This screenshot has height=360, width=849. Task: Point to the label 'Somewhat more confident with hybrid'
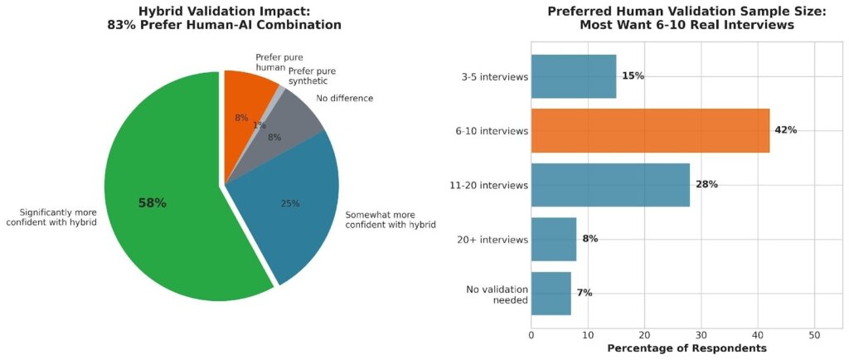[x=390, y=220]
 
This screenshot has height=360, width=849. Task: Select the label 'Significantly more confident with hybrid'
[x=53, y=216]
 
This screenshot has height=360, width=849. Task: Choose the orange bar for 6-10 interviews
[x=650, y=130]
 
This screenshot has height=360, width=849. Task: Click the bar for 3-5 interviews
[x=573, y=76]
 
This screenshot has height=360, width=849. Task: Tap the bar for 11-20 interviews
[x=610, y=185]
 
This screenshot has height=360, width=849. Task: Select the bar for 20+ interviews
[x=553, y=239]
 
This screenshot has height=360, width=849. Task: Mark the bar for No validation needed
[x=551, y=293]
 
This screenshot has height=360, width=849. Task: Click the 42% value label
[x=785, y=130]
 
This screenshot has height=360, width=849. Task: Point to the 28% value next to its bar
[x=706, y=185]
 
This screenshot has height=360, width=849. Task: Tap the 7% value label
[x=584, y=293]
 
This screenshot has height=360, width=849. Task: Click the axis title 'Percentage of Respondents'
[x=687, y=348]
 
